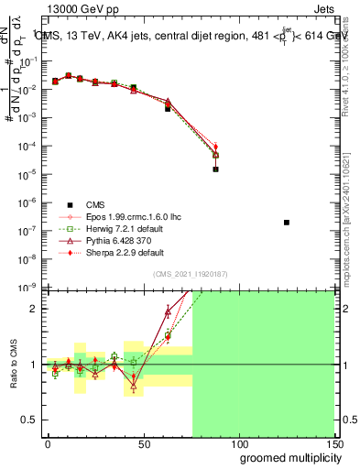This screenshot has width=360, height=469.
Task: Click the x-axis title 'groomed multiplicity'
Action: [x=288, y=456]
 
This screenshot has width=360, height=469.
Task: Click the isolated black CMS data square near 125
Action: [x=287, y=223]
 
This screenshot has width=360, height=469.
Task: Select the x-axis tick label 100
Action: [x=238, y=443]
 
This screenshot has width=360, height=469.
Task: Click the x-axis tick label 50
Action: [x=143, y=443]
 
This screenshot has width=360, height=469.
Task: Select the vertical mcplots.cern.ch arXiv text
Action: [x=352, y=202]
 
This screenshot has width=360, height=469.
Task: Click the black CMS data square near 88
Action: [x=215, y=169]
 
